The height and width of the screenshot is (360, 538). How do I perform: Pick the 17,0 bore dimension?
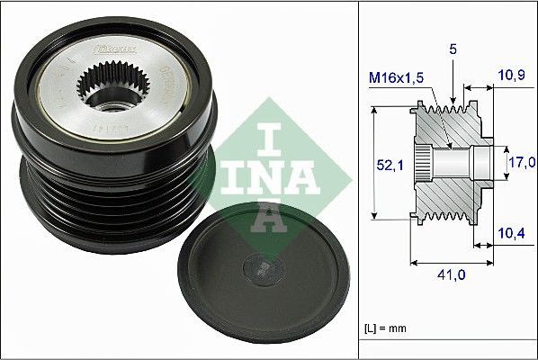coord(521,163)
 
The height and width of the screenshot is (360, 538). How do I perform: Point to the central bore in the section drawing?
coord(454,163)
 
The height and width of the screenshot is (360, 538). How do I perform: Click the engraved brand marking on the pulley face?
coord(116,42)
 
